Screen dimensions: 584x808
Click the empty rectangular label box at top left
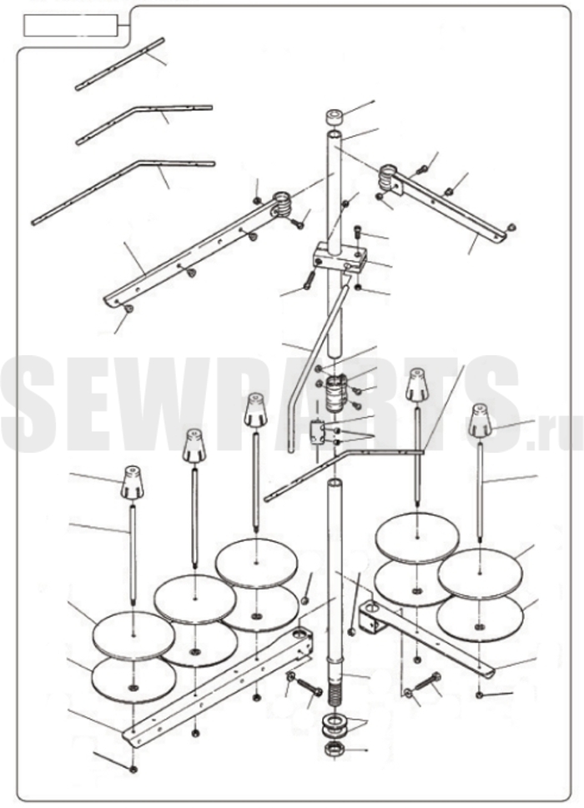(71, 26)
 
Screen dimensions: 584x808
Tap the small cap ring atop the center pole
(335, 117)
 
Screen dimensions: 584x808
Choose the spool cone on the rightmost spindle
(480, 420)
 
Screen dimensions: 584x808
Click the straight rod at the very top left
(119, 64)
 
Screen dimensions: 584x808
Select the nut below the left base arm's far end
(133, 769)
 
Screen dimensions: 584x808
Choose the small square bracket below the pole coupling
(317, 432)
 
